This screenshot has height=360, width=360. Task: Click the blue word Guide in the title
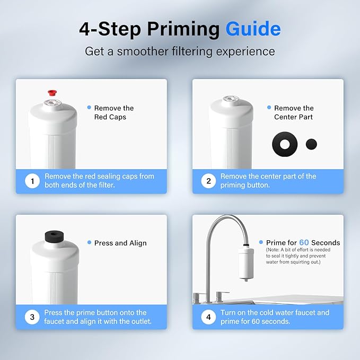(253, 29)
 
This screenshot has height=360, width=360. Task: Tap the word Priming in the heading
(183, 30)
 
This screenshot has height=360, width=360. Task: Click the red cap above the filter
(52, 93)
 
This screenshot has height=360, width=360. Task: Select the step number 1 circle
(32, 181)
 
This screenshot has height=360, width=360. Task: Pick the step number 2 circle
(208, 181)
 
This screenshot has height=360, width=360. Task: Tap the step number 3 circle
(32, 317)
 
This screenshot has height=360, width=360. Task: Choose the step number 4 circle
(208, 317)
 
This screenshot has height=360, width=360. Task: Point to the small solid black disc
(311, 144)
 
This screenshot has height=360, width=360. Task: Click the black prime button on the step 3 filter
(54, 236)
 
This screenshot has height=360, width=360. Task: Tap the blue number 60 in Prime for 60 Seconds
(304, 242)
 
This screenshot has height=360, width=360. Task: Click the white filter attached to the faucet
(246, 263)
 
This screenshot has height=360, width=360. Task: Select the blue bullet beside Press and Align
(89, 242)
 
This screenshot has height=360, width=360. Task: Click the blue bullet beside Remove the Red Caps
(89, 107)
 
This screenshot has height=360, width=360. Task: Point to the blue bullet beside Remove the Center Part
(269, 107)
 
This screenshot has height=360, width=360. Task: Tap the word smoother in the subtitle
(143, 51)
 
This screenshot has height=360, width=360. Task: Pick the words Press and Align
(120, 243)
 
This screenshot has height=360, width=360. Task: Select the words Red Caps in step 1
(110, 117)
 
